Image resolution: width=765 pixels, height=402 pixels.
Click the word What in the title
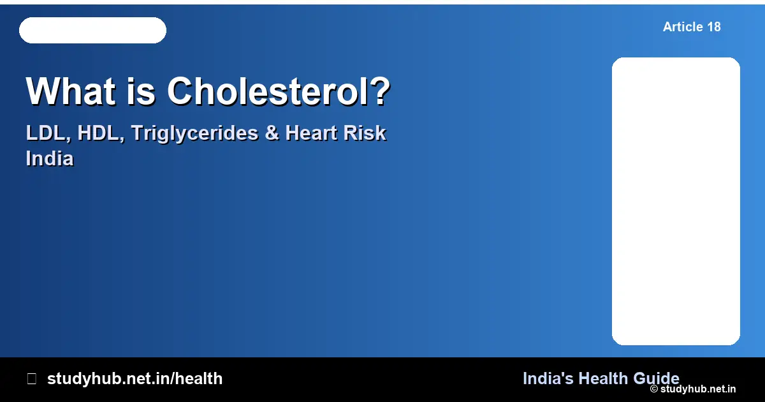[x=68, y=91]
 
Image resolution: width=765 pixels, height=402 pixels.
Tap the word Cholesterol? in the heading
[x=279, y=91]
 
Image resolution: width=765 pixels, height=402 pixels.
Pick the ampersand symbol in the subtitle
[x=272, y=133]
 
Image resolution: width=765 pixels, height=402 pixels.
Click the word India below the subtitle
[x=50, y=158]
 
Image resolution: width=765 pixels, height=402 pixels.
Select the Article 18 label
[x=692, y=27]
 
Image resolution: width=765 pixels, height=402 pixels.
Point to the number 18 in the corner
[x=713, y=27]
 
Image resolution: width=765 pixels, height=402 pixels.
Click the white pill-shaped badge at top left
[x=92, y=31]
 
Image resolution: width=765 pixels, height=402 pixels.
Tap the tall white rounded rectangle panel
[x=676, y=201]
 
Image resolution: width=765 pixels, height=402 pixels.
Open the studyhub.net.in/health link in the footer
[x=135, y=378]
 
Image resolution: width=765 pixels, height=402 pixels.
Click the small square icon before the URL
[x=31, y=378]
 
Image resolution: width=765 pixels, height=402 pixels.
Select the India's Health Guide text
[x=601, y=378]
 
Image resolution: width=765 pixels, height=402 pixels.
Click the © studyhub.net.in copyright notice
[x=693, y=389]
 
